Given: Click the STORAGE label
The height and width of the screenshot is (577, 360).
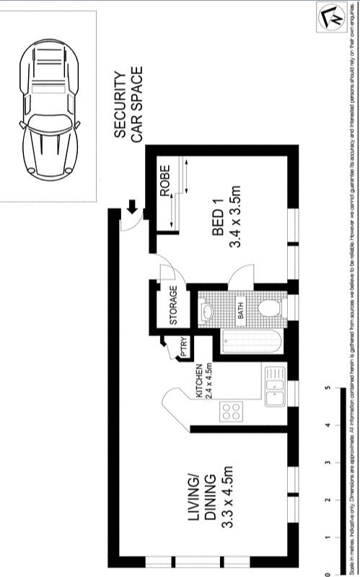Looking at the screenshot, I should point(173,306).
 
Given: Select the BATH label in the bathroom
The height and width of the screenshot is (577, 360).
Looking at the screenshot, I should point(240,312).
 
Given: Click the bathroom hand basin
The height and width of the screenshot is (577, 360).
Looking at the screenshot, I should point(207,312).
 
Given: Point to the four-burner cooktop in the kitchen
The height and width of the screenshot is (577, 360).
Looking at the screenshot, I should point(232,413).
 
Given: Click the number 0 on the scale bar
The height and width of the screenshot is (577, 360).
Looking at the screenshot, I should point(328,573).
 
